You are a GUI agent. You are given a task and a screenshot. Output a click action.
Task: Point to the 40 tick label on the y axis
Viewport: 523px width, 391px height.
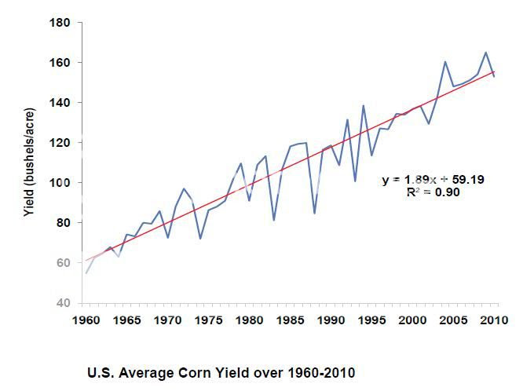pos(63,303)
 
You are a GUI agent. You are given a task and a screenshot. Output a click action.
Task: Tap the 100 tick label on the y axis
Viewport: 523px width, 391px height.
pos(60,183)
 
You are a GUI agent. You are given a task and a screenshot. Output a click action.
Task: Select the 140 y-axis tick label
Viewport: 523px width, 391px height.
pos(60,103)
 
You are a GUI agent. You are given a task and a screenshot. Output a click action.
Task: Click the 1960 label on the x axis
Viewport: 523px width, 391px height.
pos(86,320)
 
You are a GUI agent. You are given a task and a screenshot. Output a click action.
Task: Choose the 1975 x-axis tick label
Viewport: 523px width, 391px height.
pos(208,320)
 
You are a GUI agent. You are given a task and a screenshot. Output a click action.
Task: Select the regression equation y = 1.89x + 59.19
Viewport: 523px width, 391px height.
pos(433,180)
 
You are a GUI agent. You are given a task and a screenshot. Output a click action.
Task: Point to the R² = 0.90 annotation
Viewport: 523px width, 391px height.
pos(433,192)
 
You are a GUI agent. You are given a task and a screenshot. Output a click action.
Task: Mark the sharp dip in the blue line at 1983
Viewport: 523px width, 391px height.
pos(274,220)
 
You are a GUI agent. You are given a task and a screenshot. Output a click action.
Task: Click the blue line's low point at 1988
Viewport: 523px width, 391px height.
pos(315,213)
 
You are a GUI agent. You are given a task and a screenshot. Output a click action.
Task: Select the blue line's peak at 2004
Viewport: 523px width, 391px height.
pos(445,61)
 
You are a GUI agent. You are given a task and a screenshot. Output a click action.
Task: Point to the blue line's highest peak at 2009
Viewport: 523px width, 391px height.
pos(486,53)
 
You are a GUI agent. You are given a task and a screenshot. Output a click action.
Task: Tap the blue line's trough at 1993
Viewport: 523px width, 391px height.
pos(356,181)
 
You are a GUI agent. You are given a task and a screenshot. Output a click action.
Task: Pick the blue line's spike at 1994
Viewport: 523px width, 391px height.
pos(364,105)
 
